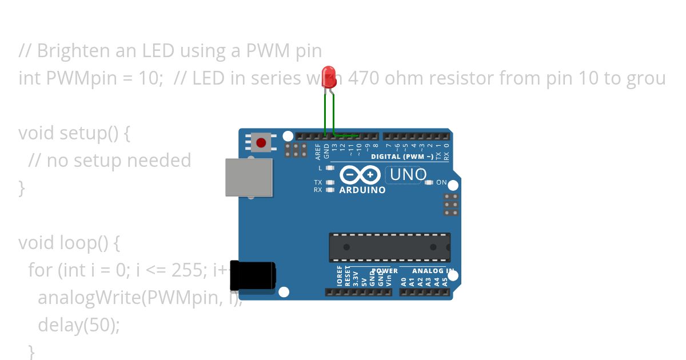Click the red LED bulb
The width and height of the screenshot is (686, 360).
pyautogui.click(x=329, y=78)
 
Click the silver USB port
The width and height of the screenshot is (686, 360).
pyautogui.click(x=249, y=177)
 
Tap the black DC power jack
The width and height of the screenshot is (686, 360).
pyautogui.click(x=253, y=275)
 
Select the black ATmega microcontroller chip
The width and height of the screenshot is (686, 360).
pyautogui.click(x=389, y=247)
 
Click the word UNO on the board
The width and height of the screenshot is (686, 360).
pyautogui.click(x=408, y=174)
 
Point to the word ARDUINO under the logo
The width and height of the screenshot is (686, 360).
pyautogui.click(x=362, y=190)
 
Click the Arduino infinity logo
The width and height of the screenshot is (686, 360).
pyautogui.click(x=360, y=174)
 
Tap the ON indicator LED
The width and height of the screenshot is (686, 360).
pyautogui.click(x=429, y=182)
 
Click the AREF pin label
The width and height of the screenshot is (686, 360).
pyautogui.click(x=318, y=150)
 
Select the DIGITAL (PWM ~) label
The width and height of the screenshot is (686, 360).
pyautogui.click(x=402, y=157)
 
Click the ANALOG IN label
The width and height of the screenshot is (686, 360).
pyautogui.click(x=433, y=271)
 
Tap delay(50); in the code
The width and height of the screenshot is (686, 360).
pyautogui.click(x=79, y=325)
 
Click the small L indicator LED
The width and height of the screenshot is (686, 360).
pyautogui.click(x=329, y=168)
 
